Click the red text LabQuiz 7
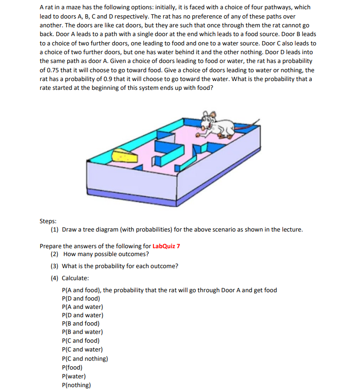pos(166,246)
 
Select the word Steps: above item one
pos(49,221)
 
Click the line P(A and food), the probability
pos(169,290)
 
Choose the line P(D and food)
pos(81,298)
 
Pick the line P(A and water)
pos(82,307)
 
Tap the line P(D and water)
pos(82,315)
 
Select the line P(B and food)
pos(81,323)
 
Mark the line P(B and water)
pos(82,332)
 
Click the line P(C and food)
pos(81,340)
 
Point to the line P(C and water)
pos(82,349)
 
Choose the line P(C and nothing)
pos(85,358)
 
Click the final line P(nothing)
pos(76,384)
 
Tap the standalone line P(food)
pos(72,367)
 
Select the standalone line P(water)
pos(74,376)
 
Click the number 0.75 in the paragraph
pos(52,70)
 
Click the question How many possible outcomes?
pos(106,254)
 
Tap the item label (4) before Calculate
pos(55,278)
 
